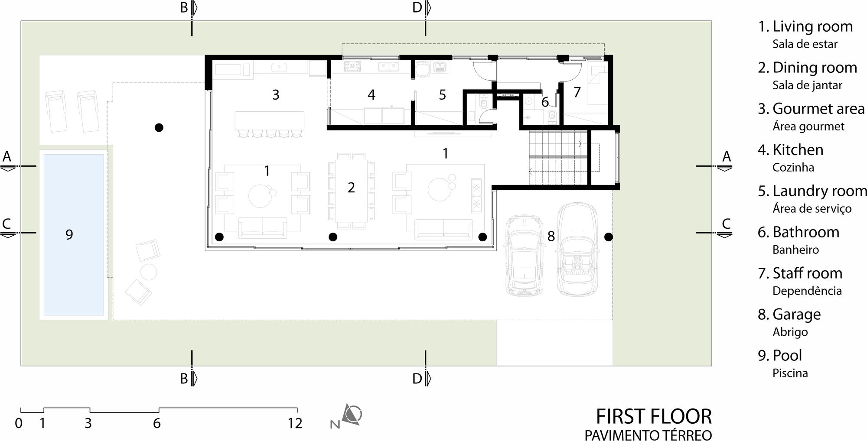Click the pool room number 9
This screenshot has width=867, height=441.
pos(69,234)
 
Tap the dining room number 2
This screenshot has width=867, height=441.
pos(351,188)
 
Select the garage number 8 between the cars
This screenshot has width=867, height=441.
pos(551,236)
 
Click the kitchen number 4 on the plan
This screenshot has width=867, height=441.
pos(371,95)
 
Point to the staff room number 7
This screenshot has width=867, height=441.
pos(577,92)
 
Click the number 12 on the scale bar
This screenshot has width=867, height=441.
pos(295,423)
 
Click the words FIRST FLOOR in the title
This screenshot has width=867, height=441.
pos(653,416)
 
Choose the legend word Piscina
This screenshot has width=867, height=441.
pos(790,373)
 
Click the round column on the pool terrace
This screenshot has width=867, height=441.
pos(159,127)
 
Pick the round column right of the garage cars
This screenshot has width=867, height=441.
pos(609,237)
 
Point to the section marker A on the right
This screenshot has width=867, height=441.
pos(727,156)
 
